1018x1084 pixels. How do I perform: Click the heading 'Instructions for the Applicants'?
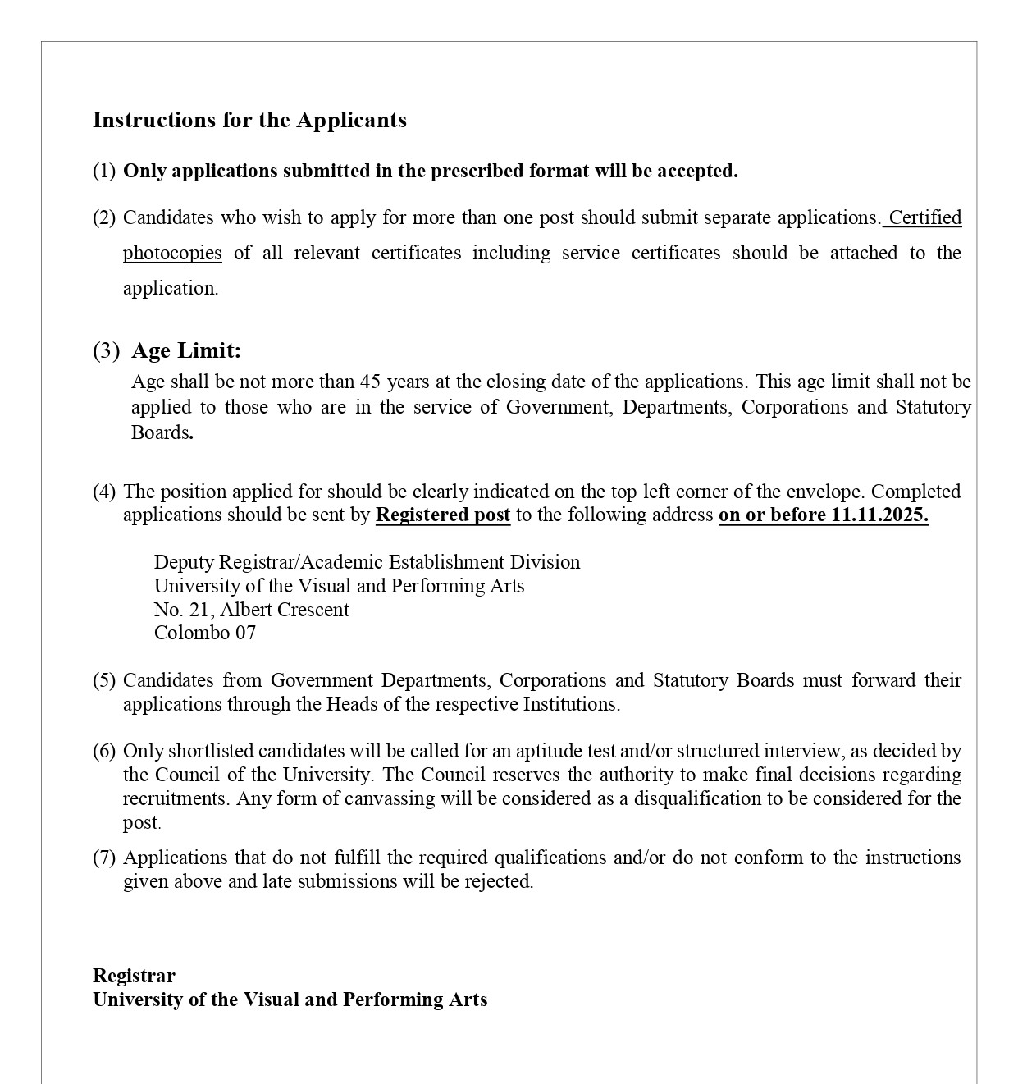pyautogui.click(x=249, y=120)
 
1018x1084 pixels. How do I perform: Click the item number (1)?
pyautogui.click(x=104, y=172)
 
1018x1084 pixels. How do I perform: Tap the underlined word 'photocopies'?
pyautogui.click(x=172, y=253)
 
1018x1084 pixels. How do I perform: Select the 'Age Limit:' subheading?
pyautogui.click(x=186, y=351)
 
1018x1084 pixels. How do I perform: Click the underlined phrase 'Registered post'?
pyautogui.click(x=443, y=515)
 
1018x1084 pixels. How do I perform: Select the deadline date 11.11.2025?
pyautogui.click(x=879, y=515)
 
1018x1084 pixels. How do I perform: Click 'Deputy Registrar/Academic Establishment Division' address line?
pyautogui.click(x=367, y=562)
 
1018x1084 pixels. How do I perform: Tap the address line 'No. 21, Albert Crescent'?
pyautogui.click(x=251, y=610)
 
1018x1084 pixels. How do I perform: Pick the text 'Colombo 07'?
pyautogui.click(x=205, y=633)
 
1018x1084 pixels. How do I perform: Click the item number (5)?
pyautogui.click(x=104, y=680)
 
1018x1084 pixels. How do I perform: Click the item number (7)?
pyautogui.click(x=104, y=858)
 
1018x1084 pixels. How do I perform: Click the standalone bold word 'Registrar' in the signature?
pyautogui.click(x=134, y=976)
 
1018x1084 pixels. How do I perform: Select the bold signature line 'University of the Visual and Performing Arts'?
pyautogui.click(x=290, y=999)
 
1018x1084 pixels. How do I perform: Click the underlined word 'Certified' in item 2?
pyautogui.click(x=924, y=217)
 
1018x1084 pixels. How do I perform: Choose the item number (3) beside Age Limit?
pyautogui.click(x=106, y=351)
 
